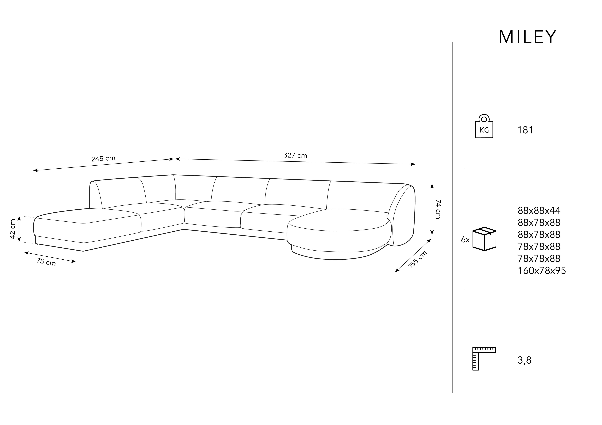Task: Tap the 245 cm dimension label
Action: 103,159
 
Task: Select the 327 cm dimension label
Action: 295,156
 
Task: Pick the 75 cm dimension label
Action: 46,262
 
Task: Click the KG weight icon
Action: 484,126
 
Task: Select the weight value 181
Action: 525,130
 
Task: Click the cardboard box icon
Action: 484,239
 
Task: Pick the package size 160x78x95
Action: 542,271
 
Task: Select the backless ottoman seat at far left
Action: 87,228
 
